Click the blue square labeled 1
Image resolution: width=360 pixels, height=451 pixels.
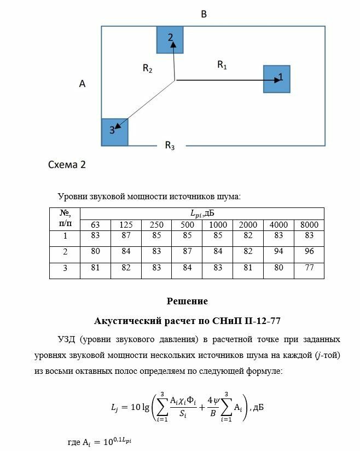pos(276,79)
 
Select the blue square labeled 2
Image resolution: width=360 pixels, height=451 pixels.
pos(170,39)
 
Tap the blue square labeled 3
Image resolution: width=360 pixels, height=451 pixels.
pos(114,132)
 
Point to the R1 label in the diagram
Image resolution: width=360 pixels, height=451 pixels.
pos(222,65)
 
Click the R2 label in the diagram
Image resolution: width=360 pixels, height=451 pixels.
pos(147,68)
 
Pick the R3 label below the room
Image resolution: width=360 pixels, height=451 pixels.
pos(170,146)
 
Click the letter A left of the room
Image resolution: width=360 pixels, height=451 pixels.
pos(82,84)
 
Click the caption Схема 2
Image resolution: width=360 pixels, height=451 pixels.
pos(67,164)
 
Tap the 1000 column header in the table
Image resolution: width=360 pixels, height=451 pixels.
pos(218,225)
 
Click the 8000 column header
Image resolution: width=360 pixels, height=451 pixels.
pos(309,225)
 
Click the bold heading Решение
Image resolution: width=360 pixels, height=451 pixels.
pos(187,301)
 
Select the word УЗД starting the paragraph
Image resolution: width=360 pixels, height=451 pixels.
pos(67,339)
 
